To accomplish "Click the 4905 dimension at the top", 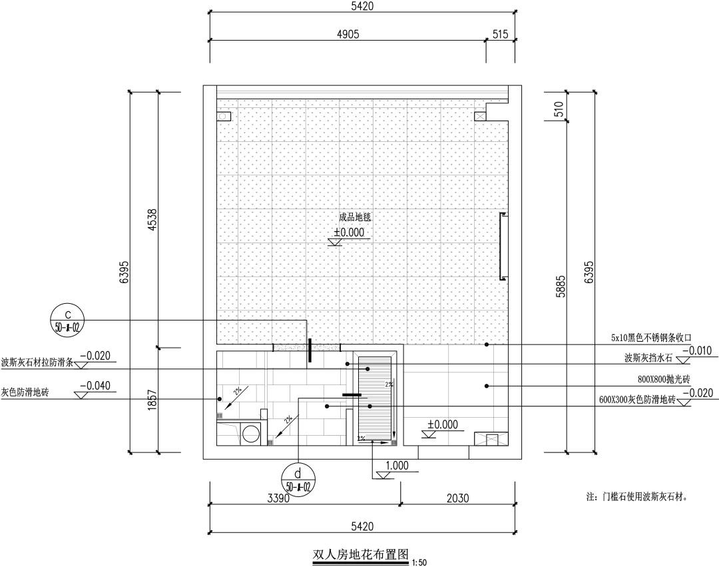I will point(348,34).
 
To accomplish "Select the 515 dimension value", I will point(503,34).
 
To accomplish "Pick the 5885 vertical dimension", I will point(561,286).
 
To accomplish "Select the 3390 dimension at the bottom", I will point(278,498).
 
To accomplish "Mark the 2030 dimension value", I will point(457,498).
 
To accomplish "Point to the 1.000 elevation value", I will point(397,466).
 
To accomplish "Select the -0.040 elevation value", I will point(95,386).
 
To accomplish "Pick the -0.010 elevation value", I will point(699,350).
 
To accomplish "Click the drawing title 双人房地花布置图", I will point(359,554).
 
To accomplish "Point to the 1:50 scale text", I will point(419,562).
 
